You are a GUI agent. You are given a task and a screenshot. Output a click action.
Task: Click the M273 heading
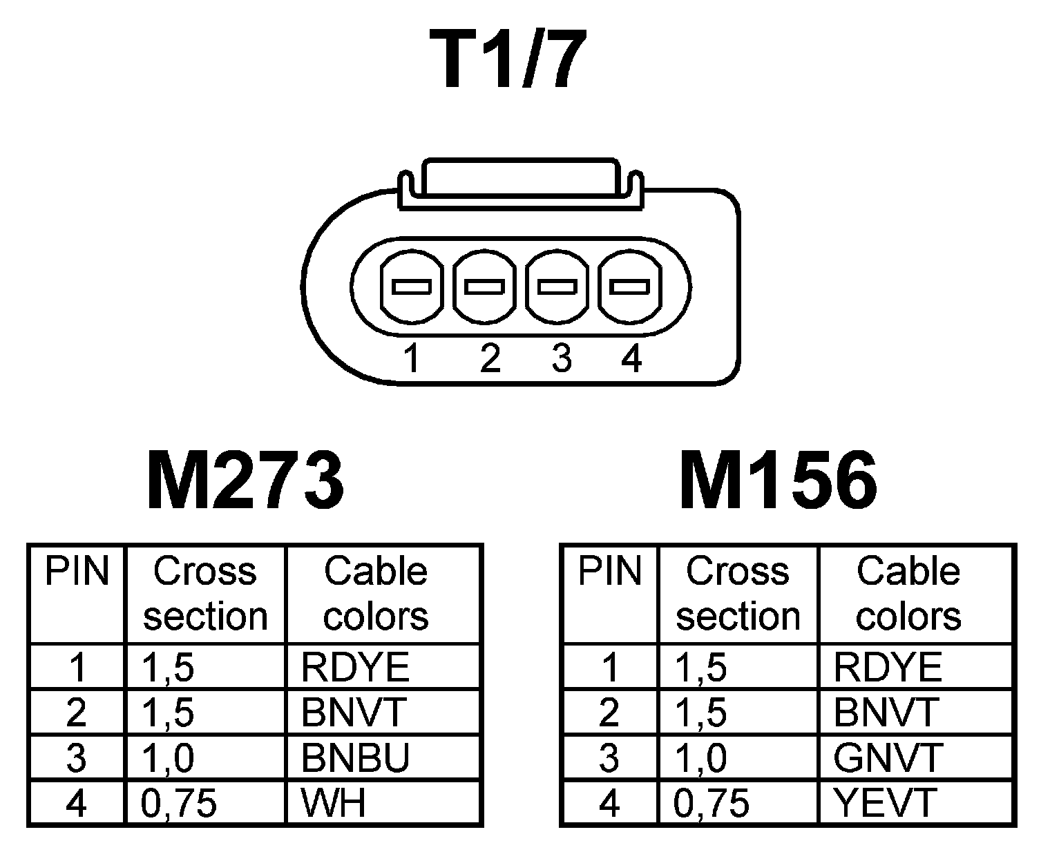(x=245, y=481)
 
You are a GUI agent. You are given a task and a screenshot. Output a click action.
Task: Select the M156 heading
(x=779, y=481)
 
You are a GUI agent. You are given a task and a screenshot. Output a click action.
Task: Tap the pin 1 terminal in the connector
(x=412, y=287)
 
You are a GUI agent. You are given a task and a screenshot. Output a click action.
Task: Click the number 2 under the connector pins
(x=490, y=359)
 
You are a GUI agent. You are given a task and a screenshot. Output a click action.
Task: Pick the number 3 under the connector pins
(x=562, y=359)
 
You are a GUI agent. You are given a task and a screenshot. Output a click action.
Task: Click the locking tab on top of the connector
(x=520, y=181)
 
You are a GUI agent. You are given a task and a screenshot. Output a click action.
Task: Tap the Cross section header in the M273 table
(x=205, y=594)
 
